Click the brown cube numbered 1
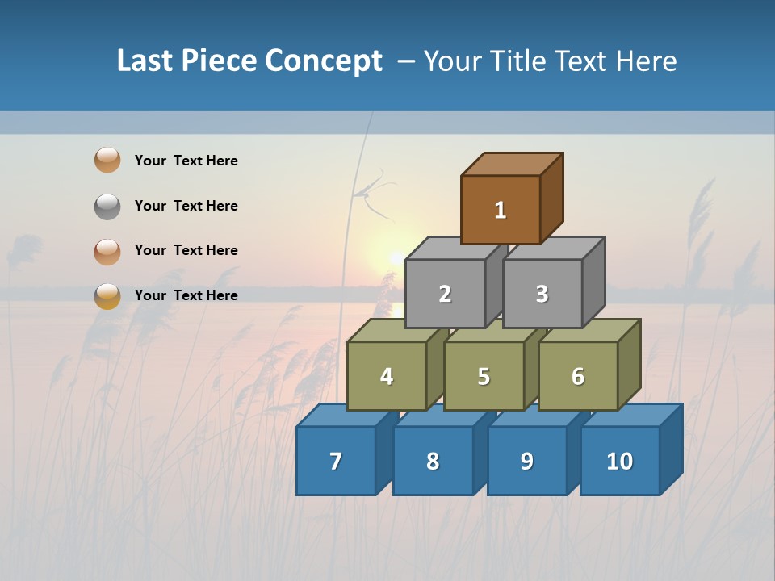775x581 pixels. (501, 210)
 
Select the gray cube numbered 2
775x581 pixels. (445, 294)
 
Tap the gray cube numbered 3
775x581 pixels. (542, 294)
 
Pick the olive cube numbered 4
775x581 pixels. (387, 376)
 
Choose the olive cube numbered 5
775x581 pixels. (484, 376)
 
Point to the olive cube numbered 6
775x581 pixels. (578, 376)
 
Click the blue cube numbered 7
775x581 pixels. (336, 461)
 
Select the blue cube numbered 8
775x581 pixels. (433, 461)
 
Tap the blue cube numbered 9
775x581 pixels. (527, 461)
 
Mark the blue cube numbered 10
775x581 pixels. (620, 461)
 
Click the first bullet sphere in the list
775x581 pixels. (107, 160)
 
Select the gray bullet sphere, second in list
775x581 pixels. (107, 206)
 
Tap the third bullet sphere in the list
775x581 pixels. (107, 251)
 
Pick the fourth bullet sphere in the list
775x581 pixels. (107, 295)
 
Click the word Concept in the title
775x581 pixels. (324, 61)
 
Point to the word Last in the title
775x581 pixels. (147, 61)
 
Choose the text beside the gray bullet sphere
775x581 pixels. (186, 206)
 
